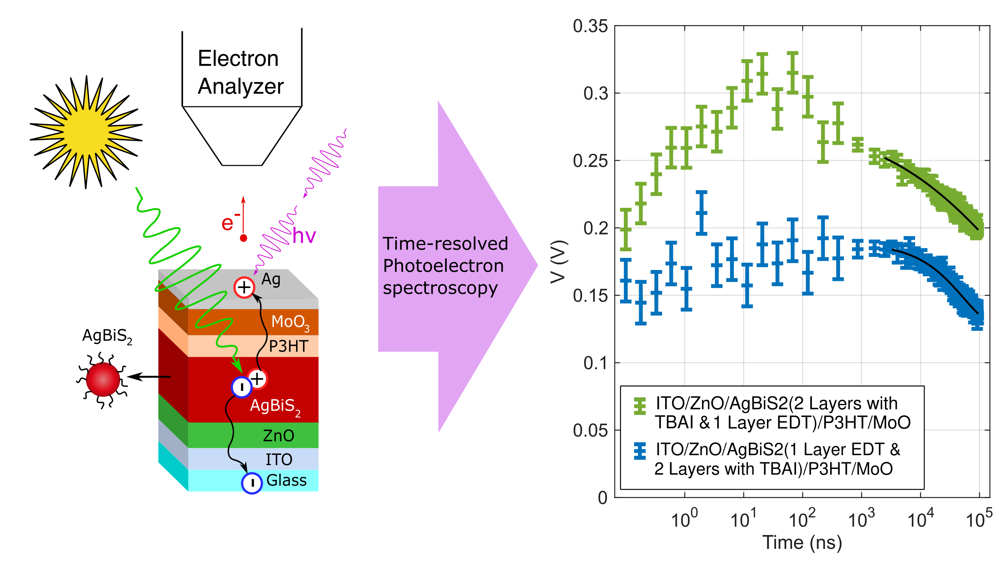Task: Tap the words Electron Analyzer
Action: tap(241, 72)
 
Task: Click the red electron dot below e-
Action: tap(243, 238)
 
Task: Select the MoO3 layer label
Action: tap(290, 322)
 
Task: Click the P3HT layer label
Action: tap(289, 346)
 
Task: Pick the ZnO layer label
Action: tap(278, 436)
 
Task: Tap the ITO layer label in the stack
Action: tap(278, 459)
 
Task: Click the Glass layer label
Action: tap(286, 480)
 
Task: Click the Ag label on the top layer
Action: tap(271, 279)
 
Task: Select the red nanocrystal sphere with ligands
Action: tap(103, 380)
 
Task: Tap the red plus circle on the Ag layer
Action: tap(244, 288)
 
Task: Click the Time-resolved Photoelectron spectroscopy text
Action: tap(445, 266)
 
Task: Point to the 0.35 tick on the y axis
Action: tap(590, 27)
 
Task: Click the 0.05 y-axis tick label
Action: tap(590, 430)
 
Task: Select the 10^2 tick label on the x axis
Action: tap(802, 519)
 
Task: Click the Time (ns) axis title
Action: tap(802, 543)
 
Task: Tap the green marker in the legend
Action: tap(640, 406)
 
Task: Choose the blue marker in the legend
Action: tap(640, 451)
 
